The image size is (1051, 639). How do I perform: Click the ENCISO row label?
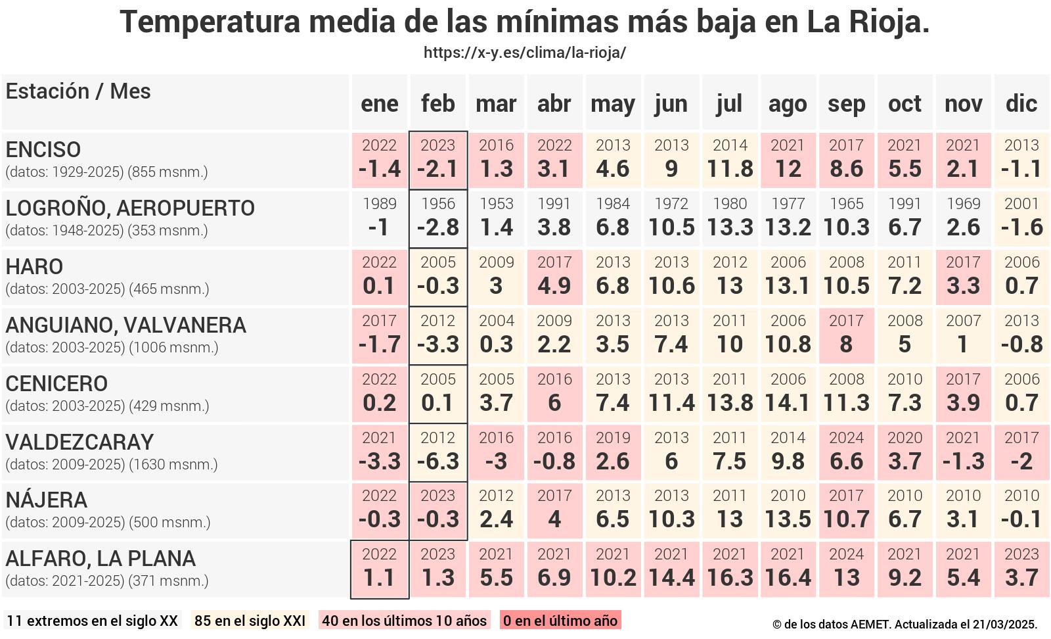pyautogui.click(x=43, y=150)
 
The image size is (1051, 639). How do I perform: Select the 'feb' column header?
pyautogui.click(x=438, y=103)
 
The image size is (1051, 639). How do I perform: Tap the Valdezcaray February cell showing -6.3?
pyautogui.click(x=438, y=452)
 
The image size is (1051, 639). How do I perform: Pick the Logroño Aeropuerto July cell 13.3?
pyautogui.click(x=730, y=219)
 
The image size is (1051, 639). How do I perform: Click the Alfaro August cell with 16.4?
pyautogui.click(x=788, y=569)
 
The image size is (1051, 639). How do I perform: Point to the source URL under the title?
pyautogui.click(x=524, y=53)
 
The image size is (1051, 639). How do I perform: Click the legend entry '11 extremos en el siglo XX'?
pyautogui.click(x=92, y=621)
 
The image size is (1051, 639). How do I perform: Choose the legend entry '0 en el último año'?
pyautogui.click(x=560, y=621)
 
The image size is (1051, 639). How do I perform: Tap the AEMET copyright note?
pyautogui.click(x=905, y=624)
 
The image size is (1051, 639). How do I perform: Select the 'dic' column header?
pyautogui.click(x=1021, y=103)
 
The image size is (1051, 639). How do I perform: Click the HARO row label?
pyautogui.click(x=34, y=267)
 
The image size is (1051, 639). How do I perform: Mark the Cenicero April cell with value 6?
pyautogui.click(x=554, y=394)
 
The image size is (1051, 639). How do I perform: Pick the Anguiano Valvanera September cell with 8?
pyautogui.click(x=846, y=335)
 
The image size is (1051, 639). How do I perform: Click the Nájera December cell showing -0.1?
pyautogui.click(x=1021, y=511)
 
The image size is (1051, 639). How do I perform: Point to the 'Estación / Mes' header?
pyautogui.click(x=78, y=91)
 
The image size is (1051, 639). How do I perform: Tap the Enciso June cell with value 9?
pyautogui.click(x=671, y=160)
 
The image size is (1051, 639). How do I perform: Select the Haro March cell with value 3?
pyautogui.click(x=496, y=277)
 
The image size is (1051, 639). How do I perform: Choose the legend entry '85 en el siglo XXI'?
pyautogui.click(x=250, y=621)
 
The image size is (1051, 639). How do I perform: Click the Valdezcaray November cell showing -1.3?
pyautogui.click(x=963, y=452)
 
